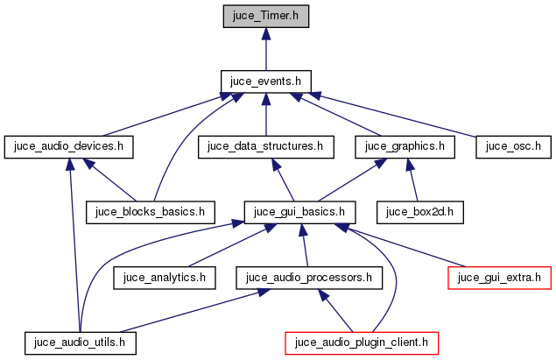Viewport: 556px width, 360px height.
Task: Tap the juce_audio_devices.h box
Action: point(68,146)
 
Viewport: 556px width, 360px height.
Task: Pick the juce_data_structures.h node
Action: point(265,146)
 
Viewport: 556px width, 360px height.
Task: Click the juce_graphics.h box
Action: point(405,146)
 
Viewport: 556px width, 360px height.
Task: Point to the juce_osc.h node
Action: point(513,146)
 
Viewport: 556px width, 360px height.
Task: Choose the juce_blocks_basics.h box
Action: point(151,211)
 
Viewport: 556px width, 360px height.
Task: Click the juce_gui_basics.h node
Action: point(299,211)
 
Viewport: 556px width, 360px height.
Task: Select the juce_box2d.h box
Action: point(419,211)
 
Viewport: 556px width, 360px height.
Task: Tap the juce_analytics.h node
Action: point(165,278)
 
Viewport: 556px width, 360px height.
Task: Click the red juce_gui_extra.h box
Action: point(500,278)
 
